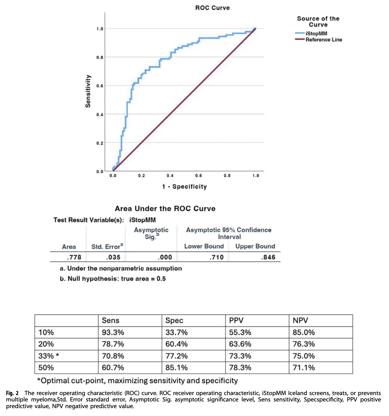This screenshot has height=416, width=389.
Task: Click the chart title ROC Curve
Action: [212, 8]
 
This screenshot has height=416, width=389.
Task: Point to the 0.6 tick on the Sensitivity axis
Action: [100, 86]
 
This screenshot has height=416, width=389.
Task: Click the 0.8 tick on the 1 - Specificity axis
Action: [227, 176]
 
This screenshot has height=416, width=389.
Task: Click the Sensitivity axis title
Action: [88, 91]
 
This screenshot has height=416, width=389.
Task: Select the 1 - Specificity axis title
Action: [184, 186]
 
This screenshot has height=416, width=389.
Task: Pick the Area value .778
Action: [74, 257]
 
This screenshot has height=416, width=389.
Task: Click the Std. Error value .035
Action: [113, 257]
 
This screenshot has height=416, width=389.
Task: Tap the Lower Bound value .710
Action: [216, 257]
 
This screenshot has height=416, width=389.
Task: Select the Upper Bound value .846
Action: [268, 257]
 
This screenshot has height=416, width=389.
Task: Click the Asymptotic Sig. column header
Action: [151, 233]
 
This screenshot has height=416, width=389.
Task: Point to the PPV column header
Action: [236, 320]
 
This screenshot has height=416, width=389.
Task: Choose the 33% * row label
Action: [49, 356]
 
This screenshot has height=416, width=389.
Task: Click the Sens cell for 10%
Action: [113, 332]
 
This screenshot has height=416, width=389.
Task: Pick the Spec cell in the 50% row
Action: [177, 367]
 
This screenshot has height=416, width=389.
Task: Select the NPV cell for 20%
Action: [304, 344]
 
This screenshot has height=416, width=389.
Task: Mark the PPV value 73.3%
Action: [240, 356]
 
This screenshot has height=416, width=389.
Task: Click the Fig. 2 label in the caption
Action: [12, 393]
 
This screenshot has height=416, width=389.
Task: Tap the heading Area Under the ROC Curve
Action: [165, 208]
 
